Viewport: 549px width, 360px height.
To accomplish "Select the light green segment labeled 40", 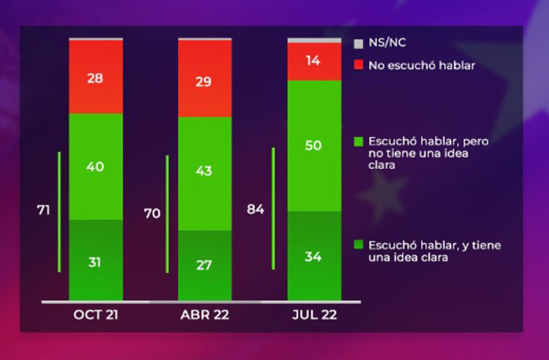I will pos(96,167).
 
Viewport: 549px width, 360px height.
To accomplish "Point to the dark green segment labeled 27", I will pos(205,265).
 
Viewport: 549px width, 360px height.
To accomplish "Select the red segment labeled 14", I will pos(314,61).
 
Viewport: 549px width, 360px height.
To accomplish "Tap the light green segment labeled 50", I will pos(314,145).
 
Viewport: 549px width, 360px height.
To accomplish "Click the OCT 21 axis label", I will pos(96,315).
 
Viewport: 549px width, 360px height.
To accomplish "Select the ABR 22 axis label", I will pos(205,315).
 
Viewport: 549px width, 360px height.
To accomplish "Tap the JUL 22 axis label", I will pos(314,315).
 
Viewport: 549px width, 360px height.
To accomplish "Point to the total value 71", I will pos(43,210).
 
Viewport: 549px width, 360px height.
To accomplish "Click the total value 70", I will pos(152,213).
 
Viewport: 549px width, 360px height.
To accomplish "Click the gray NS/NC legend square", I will pos(358,44).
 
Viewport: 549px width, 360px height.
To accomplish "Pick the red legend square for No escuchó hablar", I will pos(358,66).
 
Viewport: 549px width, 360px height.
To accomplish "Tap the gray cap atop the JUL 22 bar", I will pos(314,41).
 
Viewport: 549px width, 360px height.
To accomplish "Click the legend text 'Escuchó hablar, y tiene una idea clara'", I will pos(434,251).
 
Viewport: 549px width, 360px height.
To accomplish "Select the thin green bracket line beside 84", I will pos(273,208).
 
